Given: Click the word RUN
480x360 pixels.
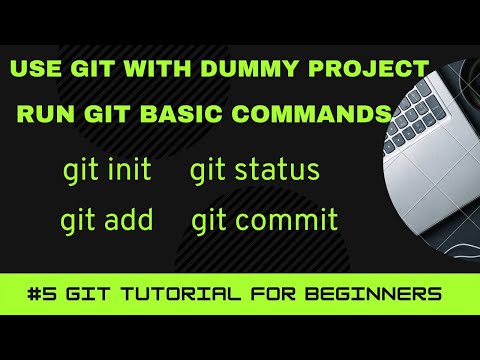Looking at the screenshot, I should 43,111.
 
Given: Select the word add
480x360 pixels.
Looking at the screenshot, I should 126,220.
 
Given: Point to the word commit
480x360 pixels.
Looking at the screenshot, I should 289,220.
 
